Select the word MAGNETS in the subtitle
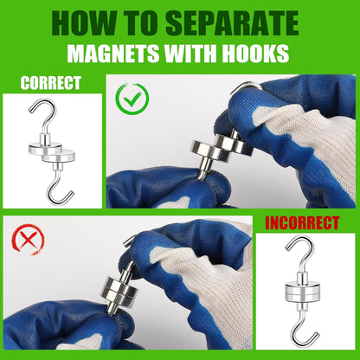coord(112,55)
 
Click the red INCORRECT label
coord(303,223)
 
